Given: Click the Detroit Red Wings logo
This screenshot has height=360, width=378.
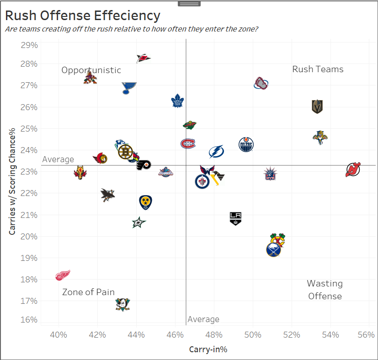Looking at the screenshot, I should click(x=63, y=275).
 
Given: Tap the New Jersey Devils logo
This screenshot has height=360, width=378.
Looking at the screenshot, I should click(x=353, y=170).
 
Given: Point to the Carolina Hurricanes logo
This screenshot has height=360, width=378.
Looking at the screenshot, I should click(x=144, y=58).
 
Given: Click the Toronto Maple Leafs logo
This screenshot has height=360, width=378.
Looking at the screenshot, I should click(x=177, y=101).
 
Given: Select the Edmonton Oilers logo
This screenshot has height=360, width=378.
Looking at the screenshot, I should click(x=246, y=145).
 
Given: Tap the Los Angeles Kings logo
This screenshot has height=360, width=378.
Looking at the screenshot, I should click(x=235, y=218).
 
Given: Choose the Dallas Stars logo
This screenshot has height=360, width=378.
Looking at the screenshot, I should click(x=139, y=222).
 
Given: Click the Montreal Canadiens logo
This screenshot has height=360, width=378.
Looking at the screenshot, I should click(x=188, y=144).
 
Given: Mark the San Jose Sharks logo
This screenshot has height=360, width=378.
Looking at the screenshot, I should click(x=107, y=195).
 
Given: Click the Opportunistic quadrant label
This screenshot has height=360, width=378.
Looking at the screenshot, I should click(x=91, y=70).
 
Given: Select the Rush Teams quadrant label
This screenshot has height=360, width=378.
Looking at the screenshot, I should click(x=318, y=69).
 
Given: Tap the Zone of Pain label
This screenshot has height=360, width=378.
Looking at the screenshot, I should click(x=88, y=292).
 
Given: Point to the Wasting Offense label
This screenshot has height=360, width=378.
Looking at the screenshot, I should click(x=325, y=290).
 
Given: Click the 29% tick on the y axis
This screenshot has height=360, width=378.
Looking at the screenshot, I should click(x=29, y=45).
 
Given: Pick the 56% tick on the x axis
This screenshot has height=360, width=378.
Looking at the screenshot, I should click(x=366, y=335).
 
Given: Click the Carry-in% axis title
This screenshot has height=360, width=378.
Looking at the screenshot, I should click(x=208, y=349).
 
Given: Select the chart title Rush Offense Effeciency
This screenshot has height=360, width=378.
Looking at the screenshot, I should click(x=83, y=16).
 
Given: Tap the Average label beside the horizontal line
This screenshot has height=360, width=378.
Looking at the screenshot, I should click(x=58, y=159).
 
